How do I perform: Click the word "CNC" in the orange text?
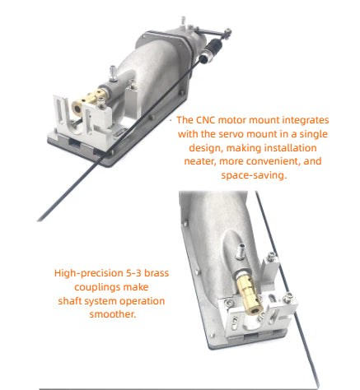point(213,119)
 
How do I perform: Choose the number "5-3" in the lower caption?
point(136,272)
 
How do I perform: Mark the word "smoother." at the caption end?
point(110,314)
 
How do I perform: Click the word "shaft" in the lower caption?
point(71,300)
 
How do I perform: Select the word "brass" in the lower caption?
point(161,272)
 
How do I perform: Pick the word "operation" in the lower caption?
point(141,300)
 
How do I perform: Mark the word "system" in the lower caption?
point(101,300)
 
